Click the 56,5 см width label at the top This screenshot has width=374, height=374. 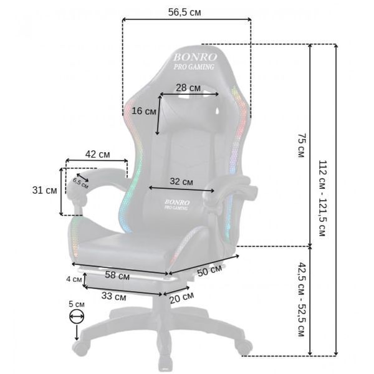click(x=185, y=12)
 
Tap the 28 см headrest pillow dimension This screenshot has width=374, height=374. click(x=188, y=88)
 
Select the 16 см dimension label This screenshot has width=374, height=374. click(x=144, y=111)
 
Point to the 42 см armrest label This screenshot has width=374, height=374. click(x=98, y=155)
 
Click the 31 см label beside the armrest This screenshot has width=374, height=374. click(x=45, y=190)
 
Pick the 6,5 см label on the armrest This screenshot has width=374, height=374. click(x=80, y=183)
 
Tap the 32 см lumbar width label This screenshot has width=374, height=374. click(x=181, y=181)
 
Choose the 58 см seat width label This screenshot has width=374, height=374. click(x=117, y=276)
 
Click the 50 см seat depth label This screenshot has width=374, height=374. click(x=209, y=271)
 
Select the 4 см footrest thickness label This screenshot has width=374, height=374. click(x=74, y=279)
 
